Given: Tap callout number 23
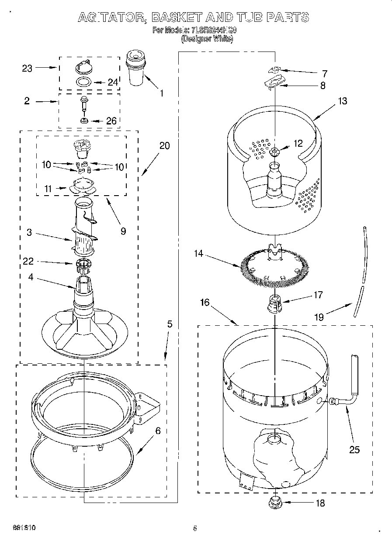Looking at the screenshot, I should point(27,68).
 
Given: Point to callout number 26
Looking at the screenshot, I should point(111,121).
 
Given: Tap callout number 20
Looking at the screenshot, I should point(164,145).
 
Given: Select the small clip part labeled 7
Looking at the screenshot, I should point(274,70).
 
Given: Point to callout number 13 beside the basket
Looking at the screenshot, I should point(342,101).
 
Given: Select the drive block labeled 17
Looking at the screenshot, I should point(274,303).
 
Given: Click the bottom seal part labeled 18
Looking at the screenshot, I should point(275,502).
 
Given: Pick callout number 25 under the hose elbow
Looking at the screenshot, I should point(354,449).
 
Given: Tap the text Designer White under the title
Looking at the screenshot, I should point(207,39).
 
